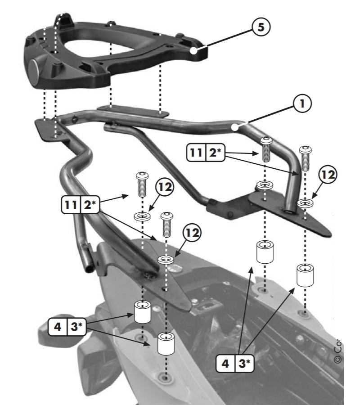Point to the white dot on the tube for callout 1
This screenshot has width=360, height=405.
(x=234, y=127)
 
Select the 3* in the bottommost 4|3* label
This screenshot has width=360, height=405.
(x=243, y=363)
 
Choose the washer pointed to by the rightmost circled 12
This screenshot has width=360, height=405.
(x=305, y=203)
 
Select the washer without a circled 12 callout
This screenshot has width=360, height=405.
(x=264, y=185)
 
